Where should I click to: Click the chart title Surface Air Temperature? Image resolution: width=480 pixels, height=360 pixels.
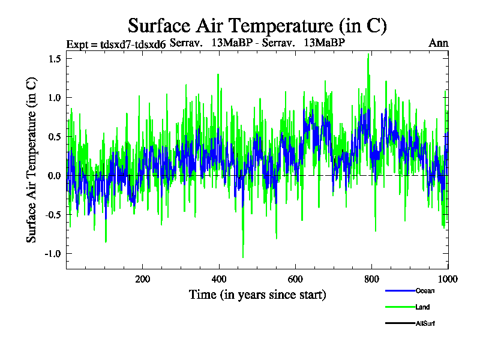(257, 26)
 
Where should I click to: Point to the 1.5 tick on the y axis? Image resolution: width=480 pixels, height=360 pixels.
(55, 59)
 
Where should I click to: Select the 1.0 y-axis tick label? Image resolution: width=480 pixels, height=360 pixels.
(55, 98)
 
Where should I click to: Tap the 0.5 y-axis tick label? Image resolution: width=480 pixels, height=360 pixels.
(55, 137)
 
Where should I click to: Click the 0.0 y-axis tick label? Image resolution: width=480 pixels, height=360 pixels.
(55, 176)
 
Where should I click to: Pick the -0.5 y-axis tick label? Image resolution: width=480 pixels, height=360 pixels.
(53, 215)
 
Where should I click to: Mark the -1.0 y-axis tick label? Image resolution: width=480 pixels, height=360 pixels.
(53, 254)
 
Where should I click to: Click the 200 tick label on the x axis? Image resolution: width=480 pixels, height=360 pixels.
(143, 279)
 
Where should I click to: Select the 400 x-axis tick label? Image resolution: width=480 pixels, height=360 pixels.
(219, 279)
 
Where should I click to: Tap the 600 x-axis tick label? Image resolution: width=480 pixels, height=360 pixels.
(295, 279)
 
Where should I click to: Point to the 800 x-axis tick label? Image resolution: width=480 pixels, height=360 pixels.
(372, 279)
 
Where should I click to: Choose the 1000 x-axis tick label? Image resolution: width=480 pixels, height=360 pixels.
(446, 279)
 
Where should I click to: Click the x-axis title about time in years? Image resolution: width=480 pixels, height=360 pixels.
(257, 295)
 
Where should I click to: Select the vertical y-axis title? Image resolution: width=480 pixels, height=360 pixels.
(32, 161)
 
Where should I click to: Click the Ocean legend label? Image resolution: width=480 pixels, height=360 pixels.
(425, 291)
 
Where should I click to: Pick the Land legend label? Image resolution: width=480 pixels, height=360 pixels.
(422, 307)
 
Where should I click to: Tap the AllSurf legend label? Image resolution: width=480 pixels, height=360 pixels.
(425, 324)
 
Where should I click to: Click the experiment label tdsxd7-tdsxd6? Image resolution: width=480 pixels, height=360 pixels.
(116, 44)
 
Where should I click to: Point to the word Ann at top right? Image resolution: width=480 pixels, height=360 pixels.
(439, 43)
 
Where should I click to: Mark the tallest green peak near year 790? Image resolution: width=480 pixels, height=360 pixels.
(368, 55)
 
